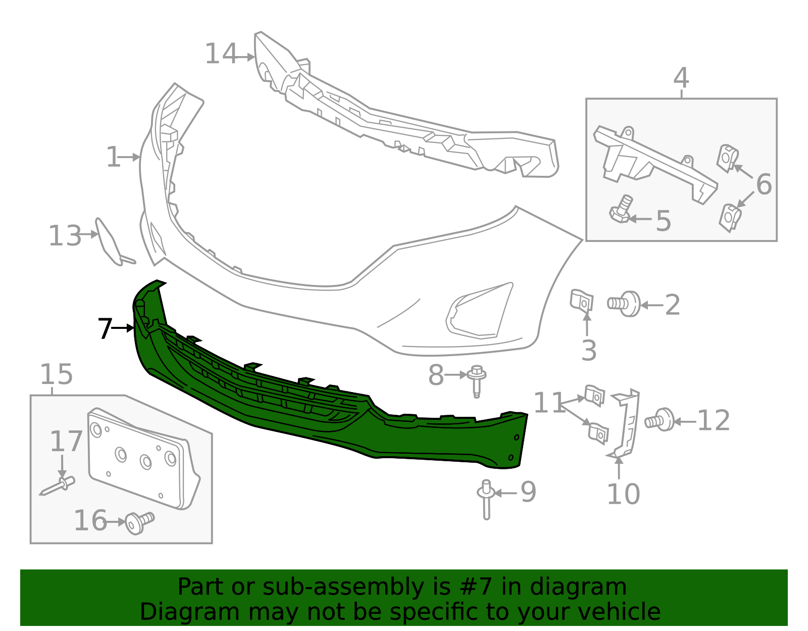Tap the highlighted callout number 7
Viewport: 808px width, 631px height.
tap(105, 329)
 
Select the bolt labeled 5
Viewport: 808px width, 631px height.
tap(622, 210)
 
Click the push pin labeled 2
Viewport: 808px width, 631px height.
tap(624, 303)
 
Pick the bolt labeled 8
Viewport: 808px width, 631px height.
tap(477, 380)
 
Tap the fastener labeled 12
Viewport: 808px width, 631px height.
tap(661, 420)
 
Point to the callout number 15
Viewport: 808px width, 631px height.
tap(56, 374)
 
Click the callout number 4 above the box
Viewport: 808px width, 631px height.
tap(681, 78)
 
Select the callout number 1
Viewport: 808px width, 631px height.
tap(113, 157)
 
